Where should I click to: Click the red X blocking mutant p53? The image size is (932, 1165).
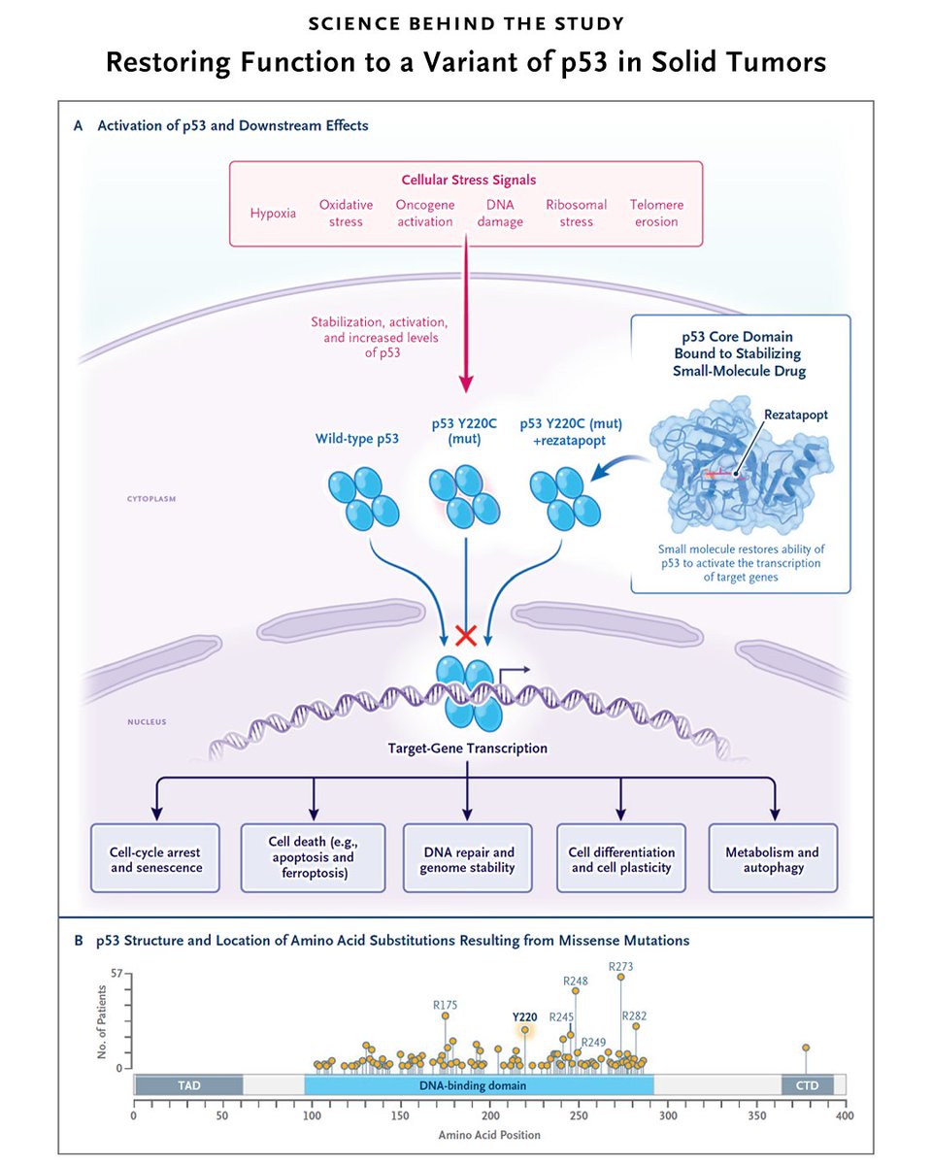tap(466, 636)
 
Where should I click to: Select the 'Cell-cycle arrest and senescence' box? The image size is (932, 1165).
tap(156, 858)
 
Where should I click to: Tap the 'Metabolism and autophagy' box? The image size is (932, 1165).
tap(772, 858)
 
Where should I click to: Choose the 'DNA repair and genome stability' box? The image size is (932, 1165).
tap(467, 858)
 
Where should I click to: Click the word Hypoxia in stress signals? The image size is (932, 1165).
tap(273, 214)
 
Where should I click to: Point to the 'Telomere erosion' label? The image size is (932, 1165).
tap(656, 213)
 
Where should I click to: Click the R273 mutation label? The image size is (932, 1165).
tap(621, 966)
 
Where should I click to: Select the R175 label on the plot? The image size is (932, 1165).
tap(445, 1004)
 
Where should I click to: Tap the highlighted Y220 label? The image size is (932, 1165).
tap(524, 1016)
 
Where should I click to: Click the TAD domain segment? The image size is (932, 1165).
tap(187, 1084)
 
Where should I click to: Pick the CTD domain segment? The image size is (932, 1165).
tap(807, 1084)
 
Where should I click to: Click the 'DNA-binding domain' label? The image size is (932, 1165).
tap(479, 1084)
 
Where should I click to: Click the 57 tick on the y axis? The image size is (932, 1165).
tap(116, 973)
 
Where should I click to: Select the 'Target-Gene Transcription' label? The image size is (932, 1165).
tap(467, 748)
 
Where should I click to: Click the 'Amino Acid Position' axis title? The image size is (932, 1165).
tap(489, 1134)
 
